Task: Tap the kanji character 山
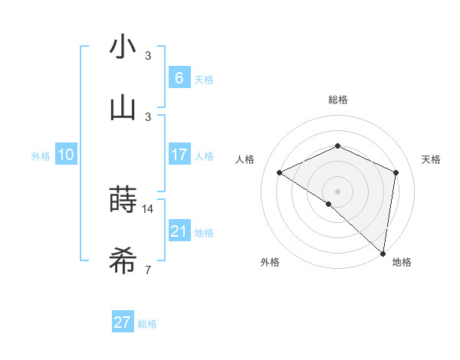click(x=123, y=108)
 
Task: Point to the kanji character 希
click(x=123, y=262)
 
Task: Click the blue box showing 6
click(x=179, y=77)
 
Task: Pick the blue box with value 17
click(x=179, y=155)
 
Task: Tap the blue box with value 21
click(x=179, y=231)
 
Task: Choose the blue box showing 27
click(x=123, y=322)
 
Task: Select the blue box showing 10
click(x=66, y=155)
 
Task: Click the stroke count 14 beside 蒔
click(x=148, y=209)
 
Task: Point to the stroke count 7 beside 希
click(x=147, y=270)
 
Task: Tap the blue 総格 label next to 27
click(x=147, y=324)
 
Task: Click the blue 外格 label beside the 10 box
click(x=41, y=156)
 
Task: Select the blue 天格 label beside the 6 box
click(x=204, y=79)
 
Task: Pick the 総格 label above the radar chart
click(x=337, y=100)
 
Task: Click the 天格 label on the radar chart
click(x=431, y=159)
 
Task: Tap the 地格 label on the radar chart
click(x=402, y=262)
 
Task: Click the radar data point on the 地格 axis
click(x=383, y=253)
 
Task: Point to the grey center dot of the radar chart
click(x=337, y=191)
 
